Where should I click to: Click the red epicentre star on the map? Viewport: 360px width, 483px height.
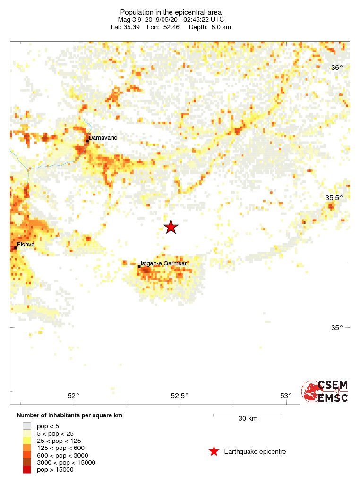pyautogui.click(x=171, y=227)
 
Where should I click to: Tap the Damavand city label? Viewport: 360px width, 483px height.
pyautogui.click(x=103, y=138)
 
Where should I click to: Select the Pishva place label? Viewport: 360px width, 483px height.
pyautogui.click(x=26, y=245)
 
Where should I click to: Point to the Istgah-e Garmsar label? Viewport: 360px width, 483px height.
pyautogui.click(x=164, y=263)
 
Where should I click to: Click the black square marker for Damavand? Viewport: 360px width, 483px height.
pyautogui.click(x=87, y=141)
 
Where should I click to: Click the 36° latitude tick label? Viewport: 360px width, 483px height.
pyautogui.click(x=337, y=68)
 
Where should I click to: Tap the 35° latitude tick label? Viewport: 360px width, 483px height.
pyautogui.click(x=337, y=328)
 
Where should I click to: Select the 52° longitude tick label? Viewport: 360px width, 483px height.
pyautogui.click(x=73, y=396)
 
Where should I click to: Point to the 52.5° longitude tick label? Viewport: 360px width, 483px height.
pyautogui.click(x=180, y=396)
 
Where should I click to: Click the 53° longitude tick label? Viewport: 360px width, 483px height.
pyautogui.click(x=286, y=396)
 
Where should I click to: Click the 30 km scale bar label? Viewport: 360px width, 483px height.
pyautogui.click(x=248, y=419)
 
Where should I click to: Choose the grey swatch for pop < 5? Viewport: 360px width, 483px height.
pyautogui.click(x=27, y=426)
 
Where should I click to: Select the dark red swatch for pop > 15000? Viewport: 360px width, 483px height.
pyautogui.click(x=27, y=469)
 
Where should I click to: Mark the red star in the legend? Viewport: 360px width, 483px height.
pyautogui.click(x=214, y=452)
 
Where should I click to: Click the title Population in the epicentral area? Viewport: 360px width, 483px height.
pyautogui.click(x=171, y=12)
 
